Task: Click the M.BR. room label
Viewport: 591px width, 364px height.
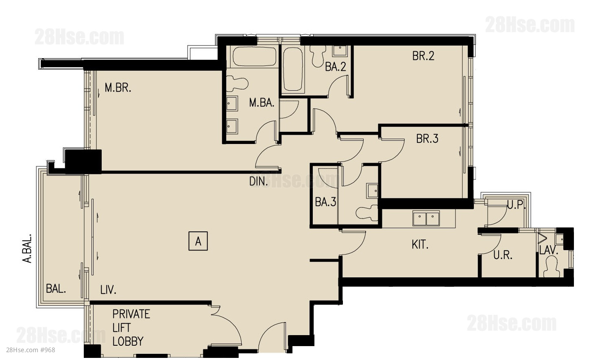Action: click(118, 88)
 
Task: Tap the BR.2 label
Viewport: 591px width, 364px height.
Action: click(423, 56)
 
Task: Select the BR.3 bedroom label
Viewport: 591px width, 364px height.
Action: click(427, 139)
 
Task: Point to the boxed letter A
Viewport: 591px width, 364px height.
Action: click(198, 241)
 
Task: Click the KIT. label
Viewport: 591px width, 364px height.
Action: click(420, 245)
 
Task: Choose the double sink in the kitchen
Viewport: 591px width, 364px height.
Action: click(426, 218)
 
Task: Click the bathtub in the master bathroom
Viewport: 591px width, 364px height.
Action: click(254, 57)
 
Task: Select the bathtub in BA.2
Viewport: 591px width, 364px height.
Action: click(292, 69)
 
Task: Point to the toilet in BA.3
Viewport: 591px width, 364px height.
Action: click(367, 213)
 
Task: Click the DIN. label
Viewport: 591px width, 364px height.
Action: click(259, 182)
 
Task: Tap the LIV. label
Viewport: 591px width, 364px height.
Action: click(108, 290)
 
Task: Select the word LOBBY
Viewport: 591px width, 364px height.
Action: click(128, 341)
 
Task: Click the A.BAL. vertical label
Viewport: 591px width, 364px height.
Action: click(27, 248)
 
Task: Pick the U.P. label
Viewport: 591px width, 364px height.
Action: click(516, 205)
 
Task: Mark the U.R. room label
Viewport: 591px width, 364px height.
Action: click(503, 255)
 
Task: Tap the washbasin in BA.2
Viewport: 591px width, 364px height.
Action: click(340, 51)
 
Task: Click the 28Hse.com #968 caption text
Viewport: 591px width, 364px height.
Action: click(31, 350)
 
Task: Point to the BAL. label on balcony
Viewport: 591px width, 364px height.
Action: click(56, 289)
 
